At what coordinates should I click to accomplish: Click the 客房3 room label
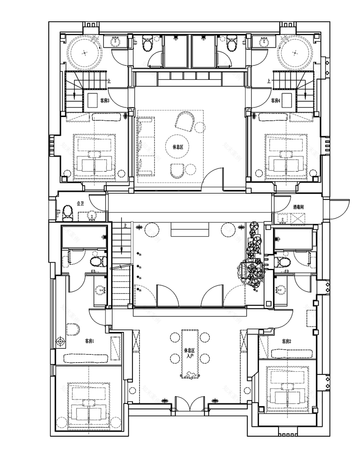coord(105,100)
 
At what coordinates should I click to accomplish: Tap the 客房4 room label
coord(275,100)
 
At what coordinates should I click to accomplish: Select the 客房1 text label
coord(90,341)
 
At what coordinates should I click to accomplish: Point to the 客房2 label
coord(286,341)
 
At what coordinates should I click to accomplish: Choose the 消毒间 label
coord(298,208)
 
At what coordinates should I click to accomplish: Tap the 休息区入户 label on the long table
coord(189,353)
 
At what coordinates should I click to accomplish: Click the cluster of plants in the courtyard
coord(254,258)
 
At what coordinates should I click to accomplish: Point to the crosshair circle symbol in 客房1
coord(61,341)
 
